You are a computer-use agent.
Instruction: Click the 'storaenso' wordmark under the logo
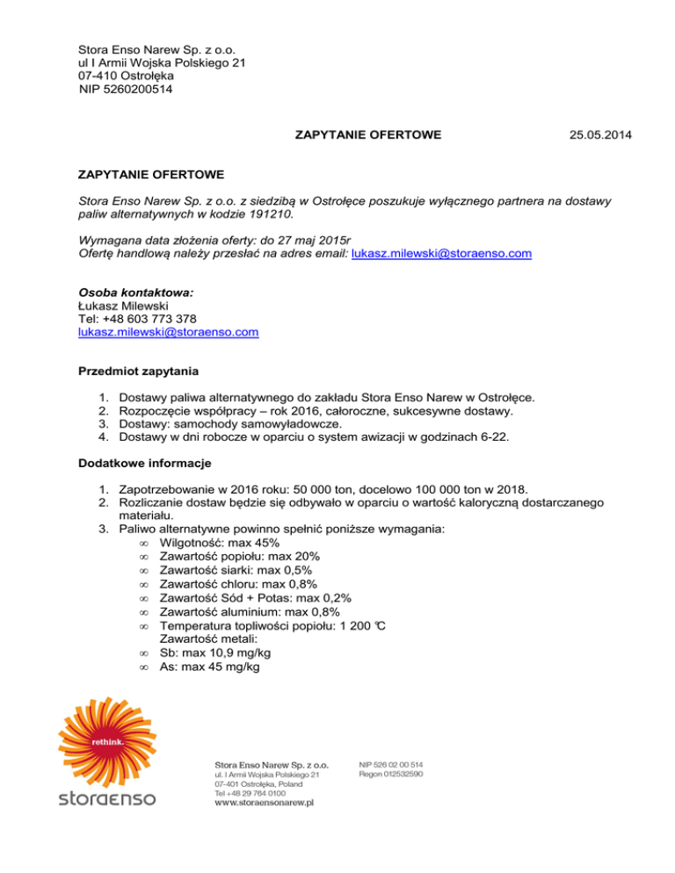[x=106, y=799]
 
